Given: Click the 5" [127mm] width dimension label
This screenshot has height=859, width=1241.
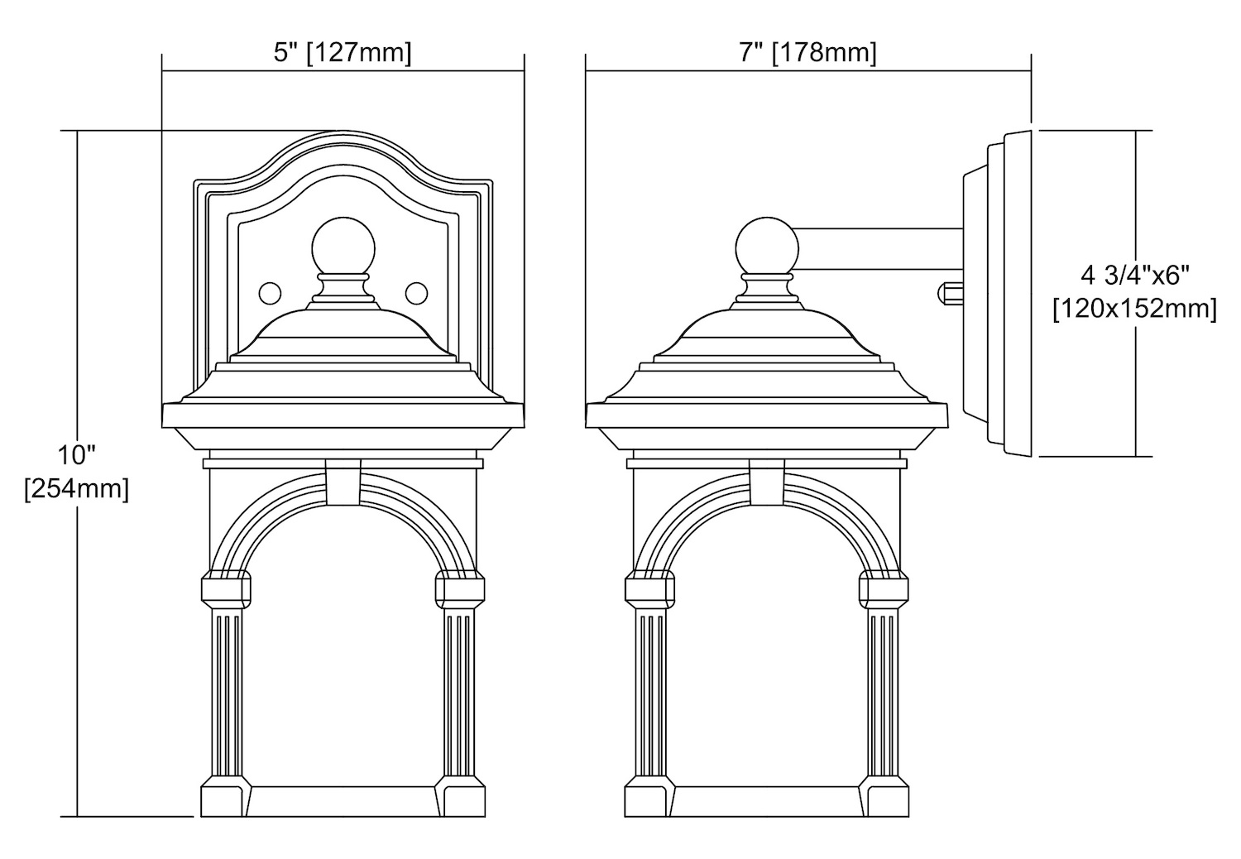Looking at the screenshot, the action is click(x=343, y=53).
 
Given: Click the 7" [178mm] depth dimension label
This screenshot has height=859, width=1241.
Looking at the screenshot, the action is click(x=807, y=53).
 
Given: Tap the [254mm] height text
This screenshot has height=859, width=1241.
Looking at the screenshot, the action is click(x=76, y=489).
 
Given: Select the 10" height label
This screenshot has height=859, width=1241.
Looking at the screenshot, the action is click(x=77, y=455).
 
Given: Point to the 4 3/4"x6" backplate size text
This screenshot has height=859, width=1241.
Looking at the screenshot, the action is click(x=1134, y=276).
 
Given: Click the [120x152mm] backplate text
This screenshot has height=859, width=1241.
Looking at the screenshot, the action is click(x=1134, y=309).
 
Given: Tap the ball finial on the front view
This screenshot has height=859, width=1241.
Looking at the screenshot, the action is click(x=343, y=247).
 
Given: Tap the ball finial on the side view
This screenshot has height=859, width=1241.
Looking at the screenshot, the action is click(x=767, y=247).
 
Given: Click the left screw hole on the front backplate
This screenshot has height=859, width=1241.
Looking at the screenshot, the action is click(x=270, y=293).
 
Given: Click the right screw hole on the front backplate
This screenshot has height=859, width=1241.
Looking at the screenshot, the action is click(x=417, y=293).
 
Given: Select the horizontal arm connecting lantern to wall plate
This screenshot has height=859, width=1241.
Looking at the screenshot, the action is click(x=879, y=248).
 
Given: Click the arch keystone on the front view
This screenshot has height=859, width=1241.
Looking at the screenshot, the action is click(x=343, y=482).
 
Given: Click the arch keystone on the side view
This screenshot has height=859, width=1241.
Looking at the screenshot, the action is click(x=767, y=482).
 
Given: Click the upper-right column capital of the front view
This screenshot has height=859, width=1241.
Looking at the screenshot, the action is click(x=460, y=589).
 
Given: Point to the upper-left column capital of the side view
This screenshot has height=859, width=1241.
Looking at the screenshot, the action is click(x=649, y=589).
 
